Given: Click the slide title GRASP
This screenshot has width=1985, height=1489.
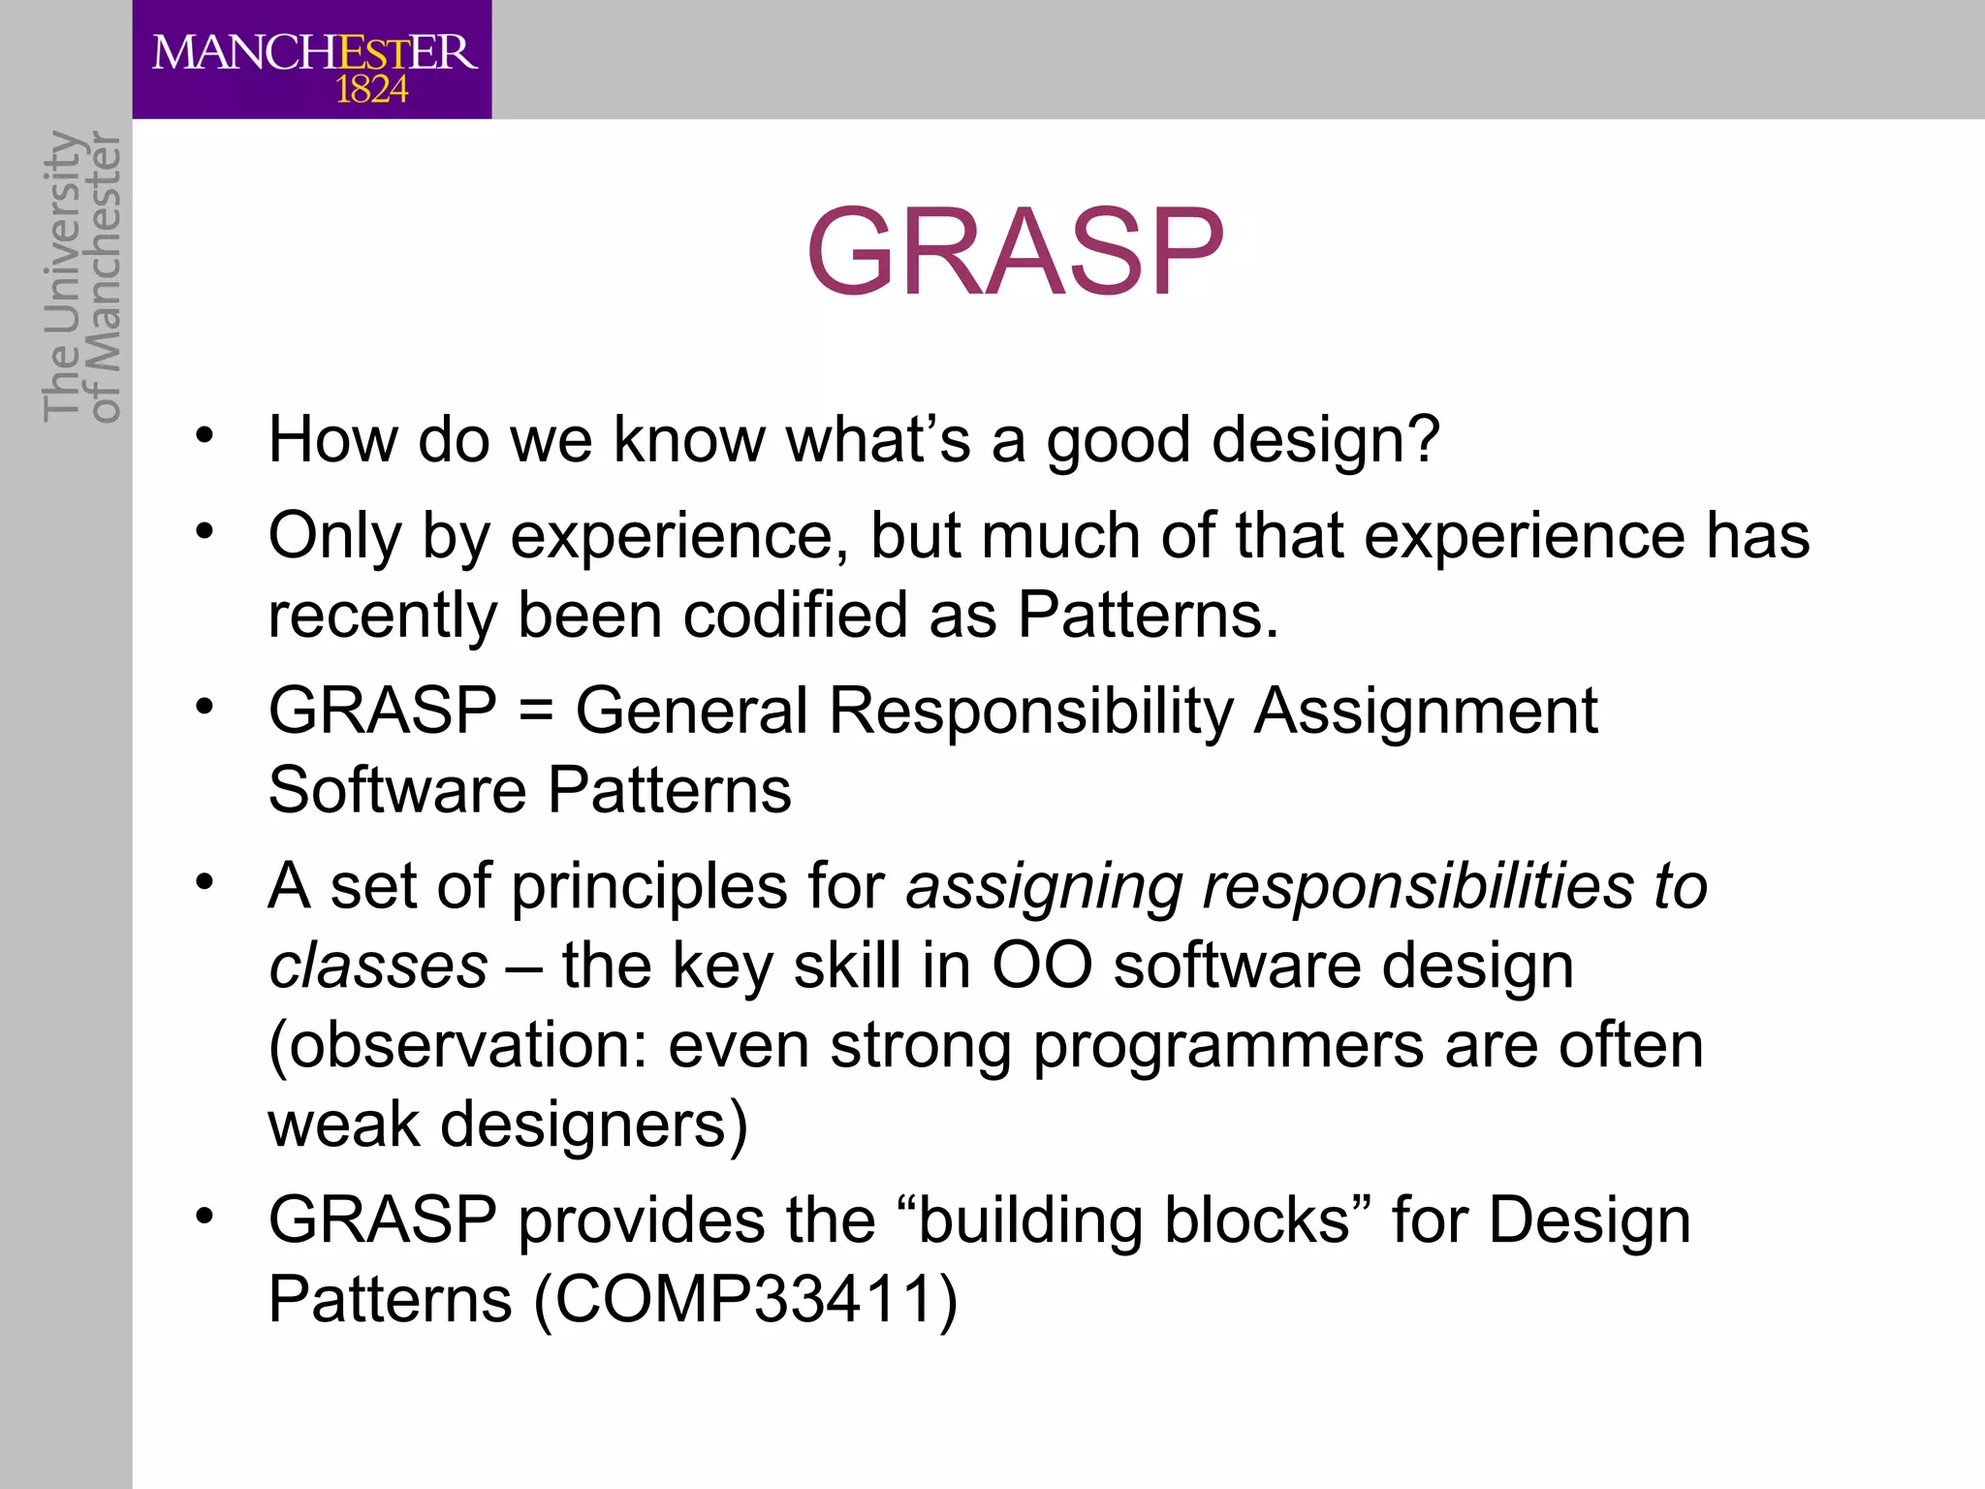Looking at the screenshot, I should [x=1015, y=252].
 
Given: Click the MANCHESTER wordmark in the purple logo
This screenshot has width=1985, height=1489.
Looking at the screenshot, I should [x=314, y=52].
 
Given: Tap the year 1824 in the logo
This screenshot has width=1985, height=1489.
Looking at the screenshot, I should [x=371, y=91].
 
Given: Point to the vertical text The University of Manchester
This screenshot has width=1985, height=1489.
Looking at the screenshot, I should [x=81, y=277].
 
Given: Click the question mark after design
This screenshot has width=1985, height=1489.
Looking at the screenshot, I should [x=1423, y=439].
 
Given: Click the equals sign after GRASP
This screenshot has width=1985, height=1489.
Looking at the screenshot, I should [x=536, y=712].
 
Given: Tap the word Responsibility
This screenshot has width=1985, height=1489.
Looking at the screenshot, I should [x=1030, y=711].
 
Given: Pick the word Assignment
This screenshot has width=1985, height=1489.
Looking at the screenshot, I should [x=1425, y=711].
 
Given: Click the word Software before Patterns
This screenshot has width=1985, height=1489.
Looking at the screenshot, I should [x=396, y=790].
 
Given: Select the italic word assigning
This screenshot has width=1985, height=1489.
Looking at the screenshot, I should [x=1043, y=887].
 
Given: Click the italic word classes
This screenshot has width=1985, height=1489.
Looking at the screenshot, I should [x=378, y=966].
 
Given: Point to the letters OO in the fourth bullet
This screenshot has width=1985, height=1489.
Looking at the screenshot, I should [x=1042, y=966].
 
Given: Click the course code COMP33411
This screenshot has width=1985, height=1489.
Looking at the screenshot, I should [x=744, y=1300].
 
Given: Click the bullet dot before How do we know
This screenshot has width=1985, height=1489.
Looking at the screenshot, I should [x=204, y=435].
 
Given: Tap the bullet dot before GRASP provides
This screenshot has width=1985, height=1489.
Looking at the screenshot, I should [x=204, y=1216].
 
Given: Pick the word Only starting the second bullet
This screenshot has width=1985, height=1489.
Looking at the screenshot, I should [x=333, y=535].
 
